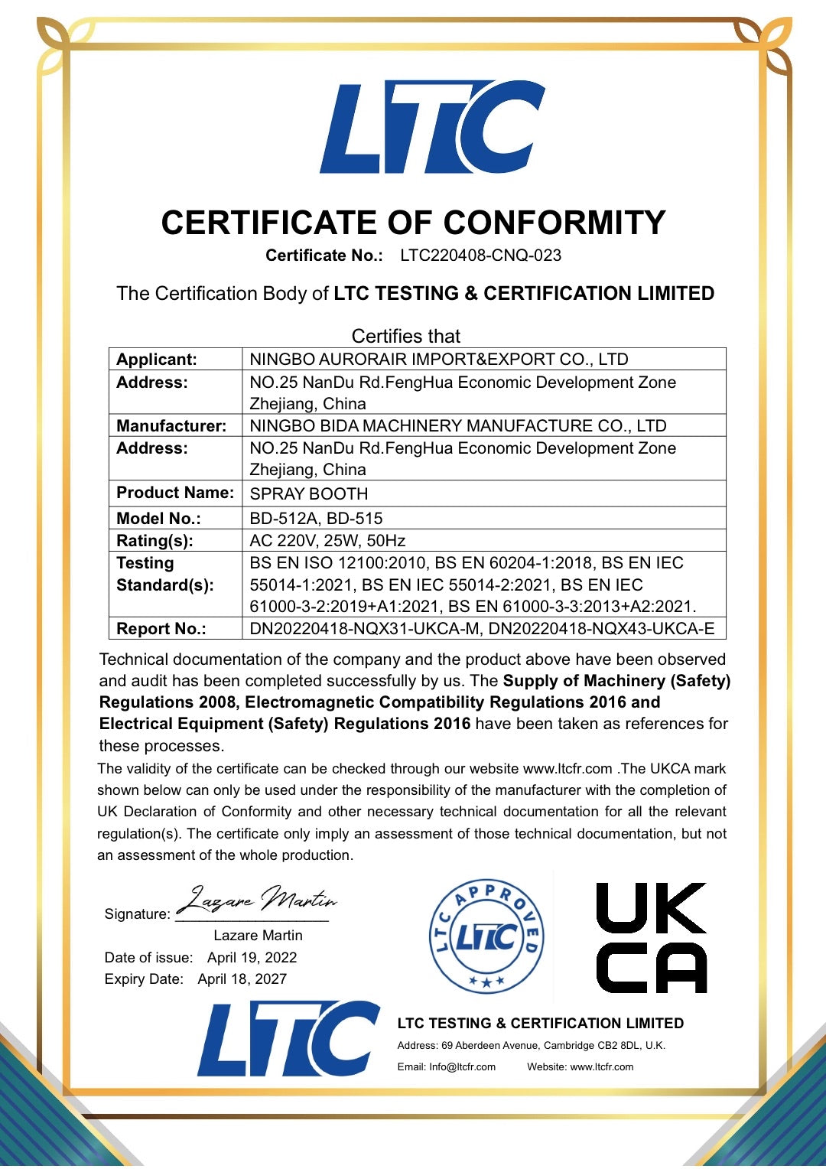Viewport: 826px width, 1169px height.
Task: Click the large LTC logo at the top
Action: [x=432, y=126]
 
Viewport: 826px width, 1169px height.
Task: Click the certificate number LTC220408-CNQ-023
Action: [x=480, y=256]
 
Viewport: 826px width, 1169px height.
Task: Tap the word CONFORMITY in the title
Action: [x=554, y=223]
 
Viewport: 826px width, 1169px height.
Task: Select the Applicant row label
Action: [x=156, y=360]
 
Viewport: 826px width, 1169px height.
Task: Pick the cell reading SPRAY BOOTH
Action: [x=309, y=494]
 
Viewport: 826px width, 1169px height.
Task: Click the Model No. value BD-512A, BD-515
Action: [x=316, y=519]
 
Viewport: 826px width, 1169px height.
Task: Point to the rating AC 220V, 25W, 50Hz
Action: [x=327, y=541]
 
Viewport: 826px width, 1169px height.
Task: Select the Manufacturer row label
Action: [x=171, y=426]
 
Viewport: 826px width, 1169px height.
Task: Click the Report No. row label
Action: [x=161, y=629]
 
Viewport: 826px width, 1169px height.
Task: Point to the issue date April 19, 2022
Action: [x=252, y=958]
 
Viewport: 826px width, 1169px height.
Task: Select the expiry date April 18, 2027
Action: [x=242, y=979]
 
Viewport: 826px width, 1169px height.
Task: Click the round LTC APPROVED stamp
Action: [x=486, y=936]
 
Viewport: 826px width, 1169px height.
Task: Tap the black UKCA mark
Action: [x=651, y=938]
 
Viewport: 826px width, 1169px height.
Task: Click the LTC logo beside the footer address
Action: [x=288, y=1039]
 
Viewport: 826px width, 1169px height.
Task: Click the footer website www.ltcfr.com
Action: [x=602, y=1067]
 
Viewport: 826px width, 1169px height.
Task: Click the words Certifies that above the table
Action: [x=406, y=337]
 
